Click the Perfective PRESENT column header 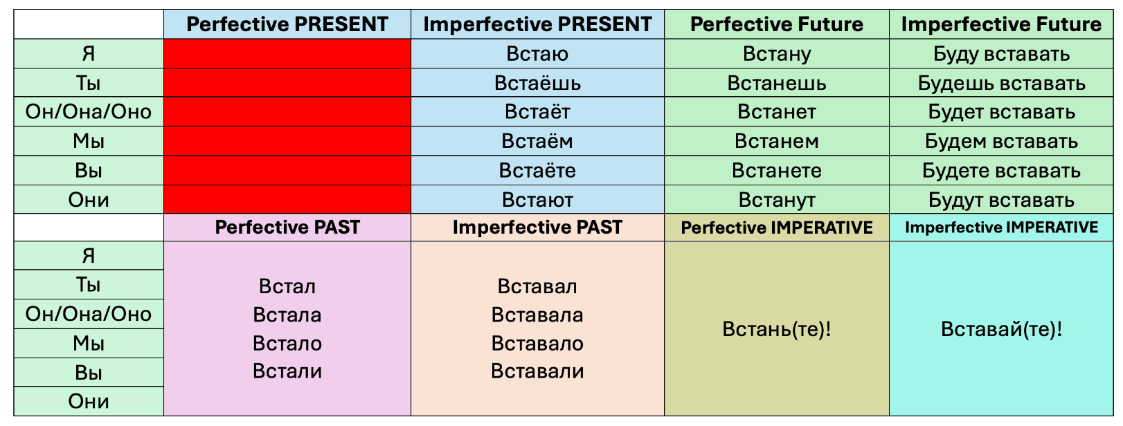point(287,24)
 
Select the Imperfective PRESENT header point(537,24)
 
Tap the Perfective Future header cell point(777,24)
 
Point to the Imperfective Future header point(1001,24)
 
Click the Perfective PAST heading point(287,228)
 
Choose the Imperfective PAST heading point(537,228)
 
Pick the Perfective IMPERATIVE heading point(777,228)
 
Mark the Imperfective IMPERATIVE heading point(1001,228)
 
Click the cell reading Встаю point(537,53)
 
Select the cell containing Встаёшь point(537,82)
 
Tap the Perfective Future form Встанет point(777,111)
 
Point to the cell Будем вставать point(1001,141)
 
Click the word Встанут point(777,200)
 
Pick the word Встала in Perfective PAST point(287,315)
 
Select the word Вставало point(537,344)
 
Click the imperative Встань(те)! point(777,329)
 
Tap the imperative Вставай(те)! point(1001,329)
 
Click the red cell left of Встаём point(287,141)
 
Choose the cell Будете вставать point(1001,171)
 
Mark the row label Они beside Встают point(88,200)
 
